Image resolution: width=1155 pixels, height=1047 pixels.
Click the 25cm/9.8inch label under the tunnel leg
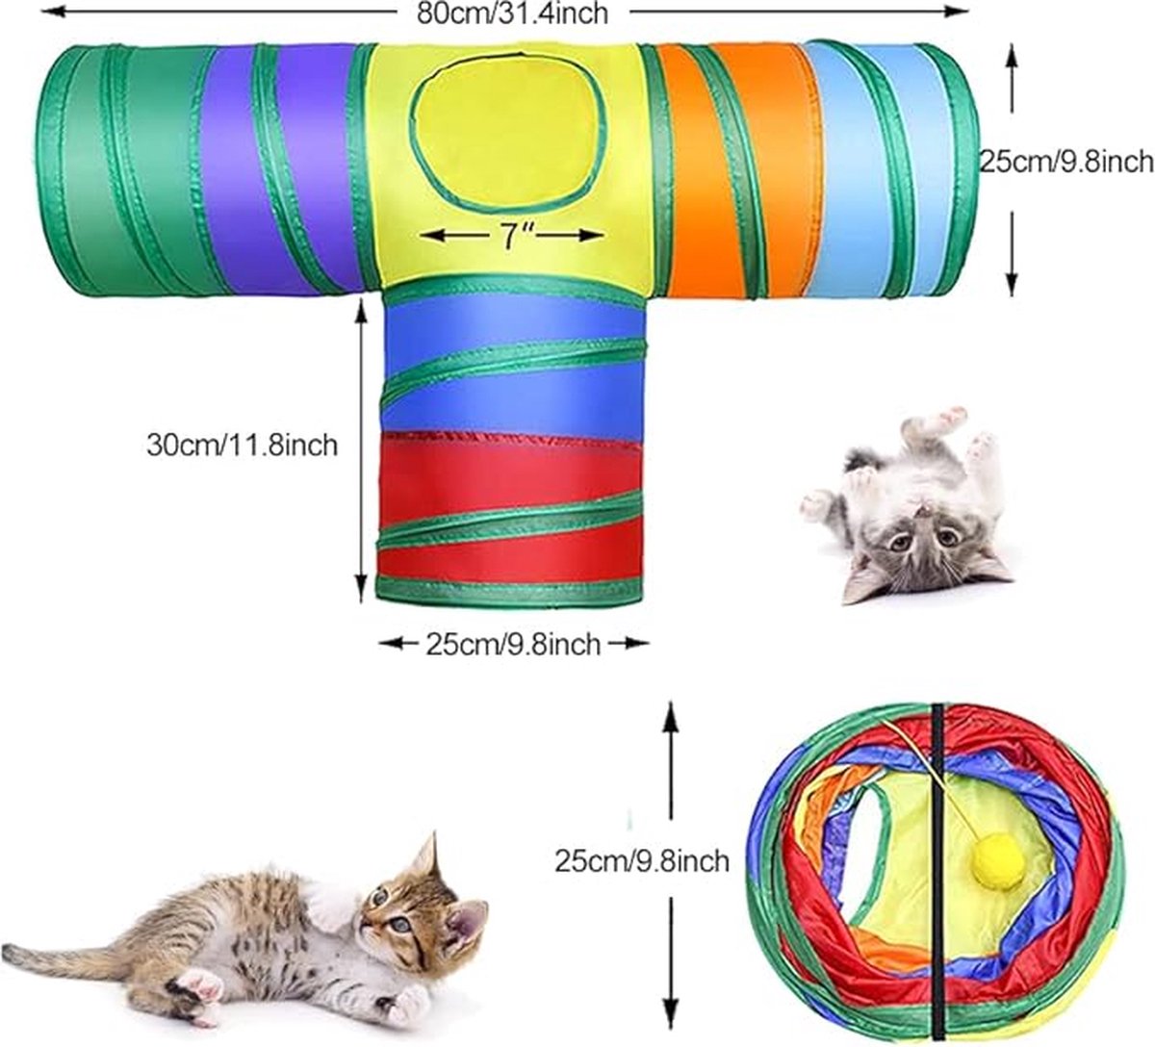[513, 644]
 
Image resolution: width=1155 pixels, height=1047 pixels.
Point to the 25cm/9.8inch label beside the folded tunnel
[642, 860]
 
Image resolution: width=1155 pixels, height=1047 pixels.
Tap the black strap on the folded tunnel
[936, 866]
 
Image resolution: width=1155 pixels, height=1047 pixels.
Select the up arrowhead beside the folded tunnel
[671, 713]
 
